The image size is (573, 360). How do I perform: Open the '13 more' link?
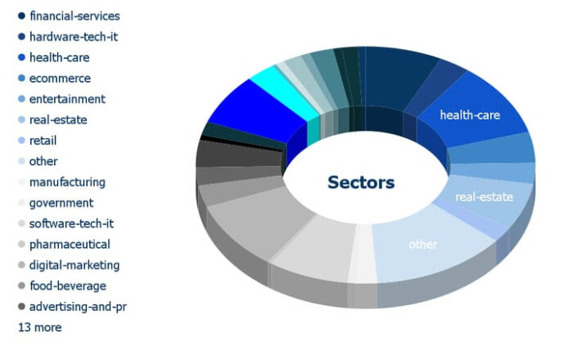click(40, 327)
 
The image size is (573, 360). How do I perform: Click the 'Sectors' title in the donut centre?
click(361, 182)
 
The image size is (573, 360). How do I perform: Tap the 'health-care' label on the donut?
click(470, 115)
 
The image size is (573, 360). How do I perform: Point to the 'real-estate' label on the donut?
click(485, 197)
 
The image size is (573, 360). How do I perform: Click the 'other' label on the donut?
click(423, 245)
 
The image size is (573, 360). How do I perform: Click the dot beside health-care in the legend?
click(21, 57)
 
